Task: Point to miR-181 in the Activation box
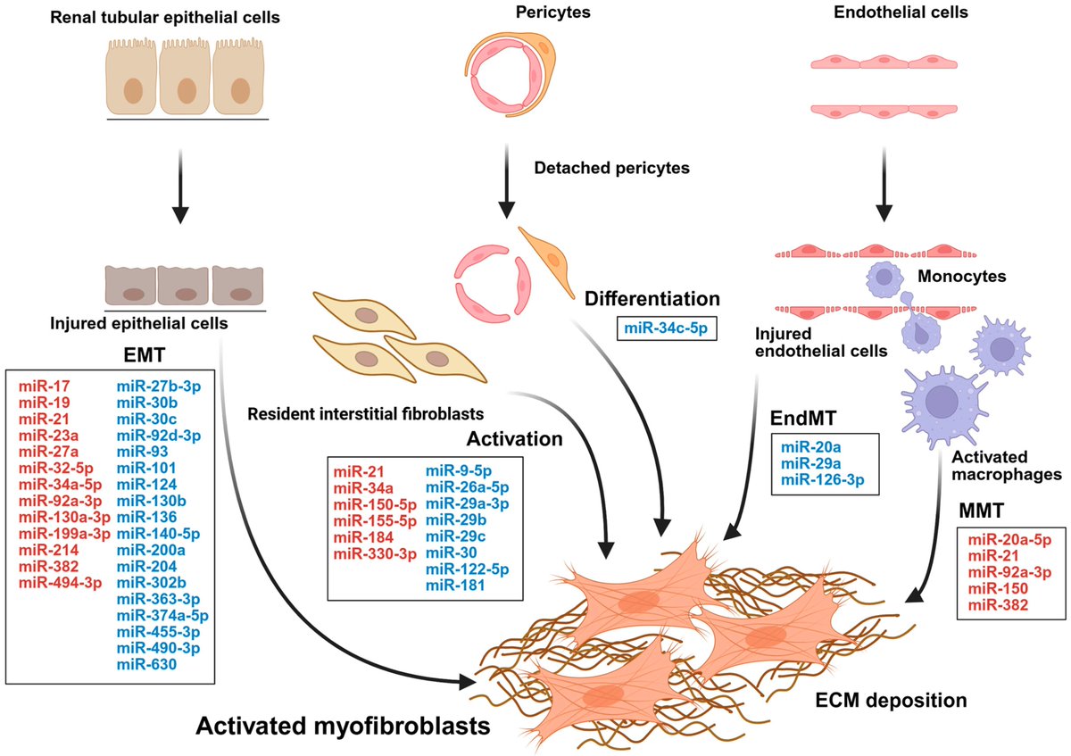454,586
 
